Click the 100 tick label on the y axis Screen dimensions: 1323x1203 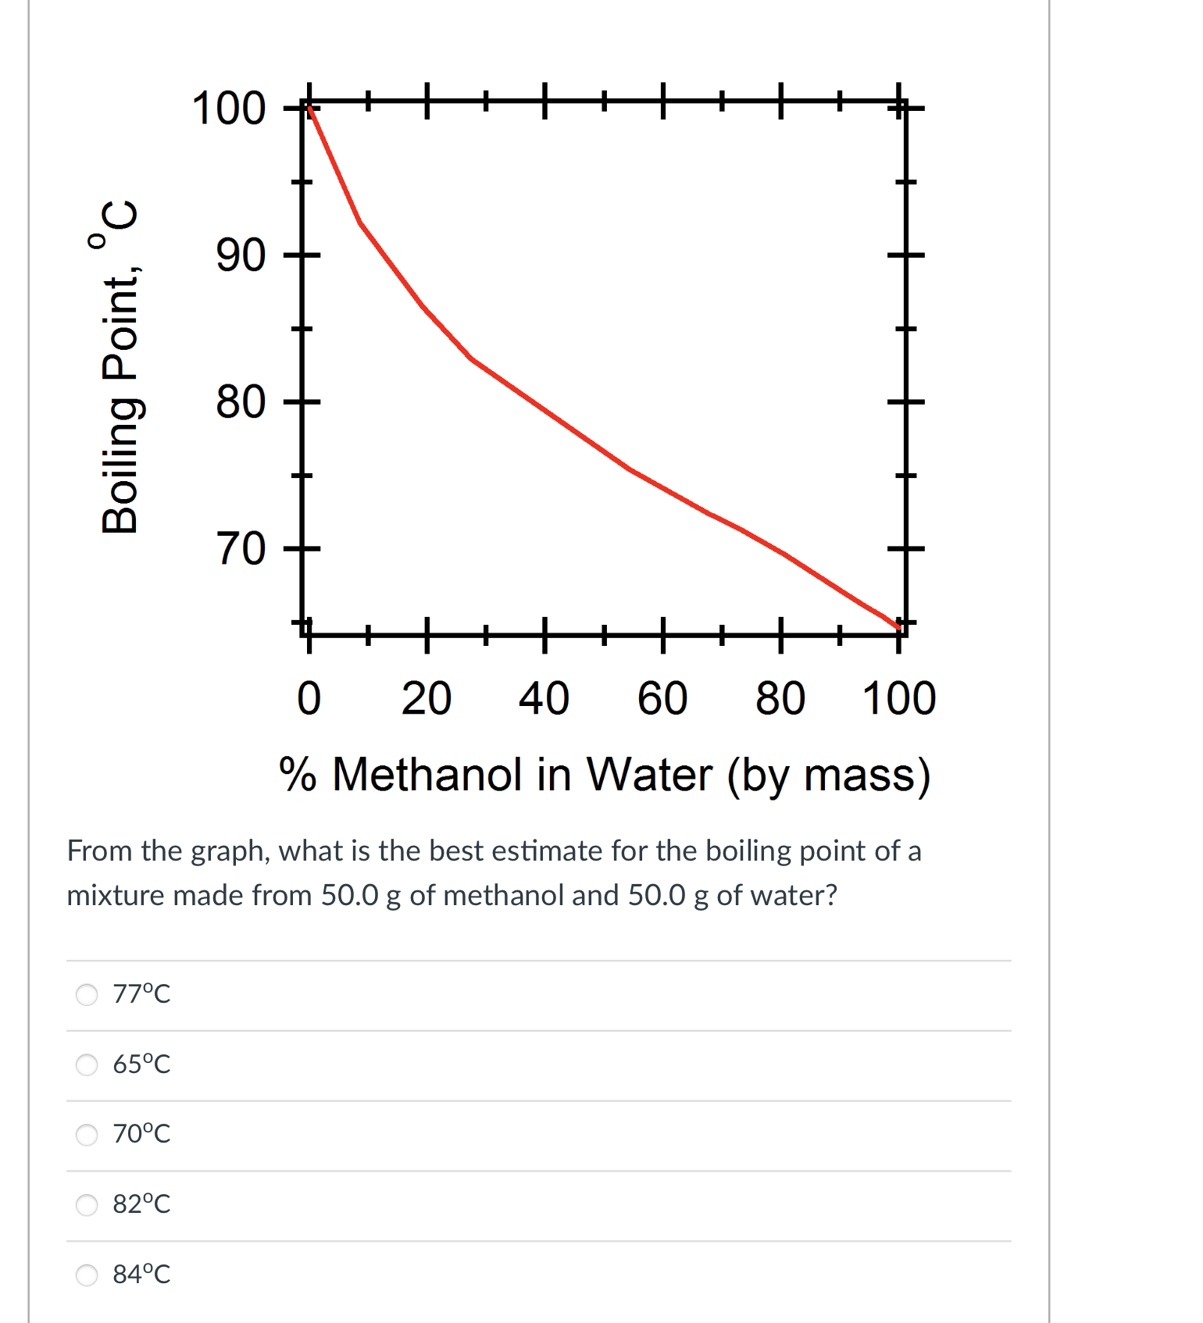tap(228, 108)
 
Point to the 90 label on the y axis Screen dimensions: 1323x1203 tap(241, 255)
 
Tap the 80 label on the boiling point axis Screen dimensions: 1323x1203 tap(241, 402)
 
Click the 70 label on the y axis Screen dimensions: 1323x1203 tap(241, 549)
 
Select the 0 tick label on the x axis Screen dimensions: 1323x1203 tap(309, 698)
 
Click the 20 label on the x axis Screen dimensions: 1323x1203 tap(427, 698)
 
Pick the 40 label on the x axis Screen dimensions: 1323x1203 tap(544, 698)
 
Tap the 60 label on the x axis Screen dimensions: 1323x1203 tap(662, 698)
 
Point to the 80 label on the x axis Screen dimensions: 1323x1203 tap(780, 698)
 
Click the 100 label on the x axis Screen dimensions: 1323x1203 tap(899, 698)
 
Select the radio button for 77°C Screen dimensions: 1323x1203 tap(87, 994)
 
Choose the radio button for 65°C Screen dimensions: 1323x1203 tap(87, 1064)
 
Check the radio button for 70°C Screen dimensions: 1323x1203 tap(87, 1134)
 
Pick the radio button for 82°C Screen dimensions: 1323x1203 tap(87, 1204)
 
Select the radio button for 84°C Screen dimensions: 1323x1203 tap(87, 1275)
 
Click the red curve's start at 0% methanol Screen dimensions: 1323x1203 tap(310, 108)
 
